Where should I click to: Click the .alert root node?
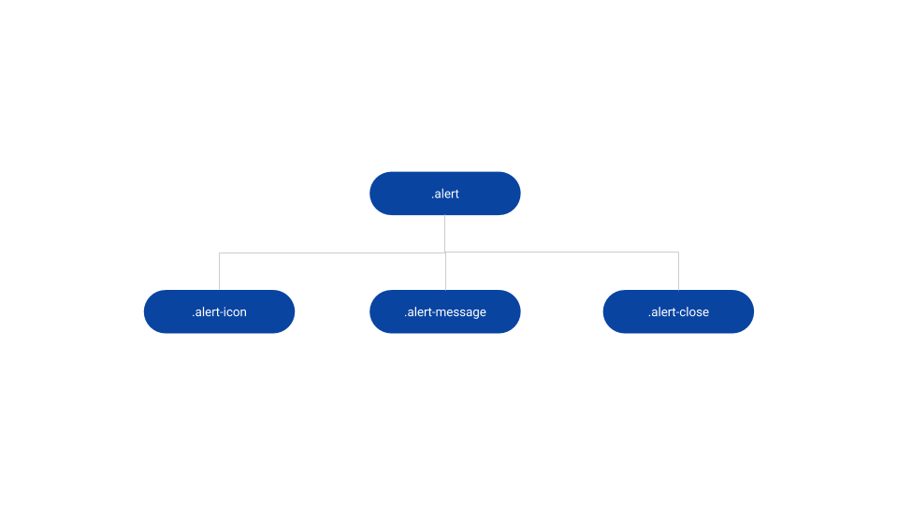click(x=445, y=194)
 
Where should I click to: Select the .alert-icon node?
click(x=219, y=311)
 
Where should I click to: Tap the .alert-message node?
click(x=445, y=311)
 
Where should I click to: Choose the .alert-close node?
click(x=678, y=311)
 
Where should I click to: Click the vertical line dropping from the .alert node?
click(x=445, y=233)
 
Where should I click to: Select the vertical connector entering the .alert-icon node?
click(x=219, y=272)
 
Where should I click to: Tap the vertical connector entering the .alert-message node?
click(x=445, y=272)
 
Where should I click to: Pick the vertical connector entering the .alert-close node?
click(x=678, y=272)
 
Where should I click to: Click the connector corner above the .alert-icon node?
click(x=219, y=252)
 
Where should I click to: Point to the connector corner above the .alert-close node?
click(x=678, y=252)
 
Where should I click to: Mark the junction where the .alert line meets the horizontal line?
click(x=445, y=252)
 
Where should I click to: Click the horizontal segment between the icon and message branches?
click(x=332, y=252)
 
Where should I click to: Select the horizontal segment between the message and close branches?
click(x=561, y=252)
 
